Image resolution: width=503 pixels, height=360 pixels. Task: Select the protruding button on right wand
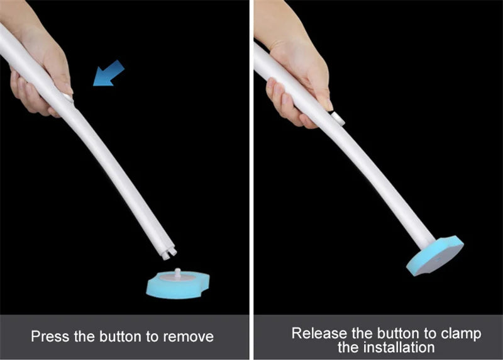[338, 118]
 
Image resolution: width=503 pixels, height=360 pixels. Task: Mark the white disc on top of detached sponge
[177, 278]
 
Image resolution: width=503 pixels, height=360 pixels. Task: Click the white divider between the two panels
[251, 180]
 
